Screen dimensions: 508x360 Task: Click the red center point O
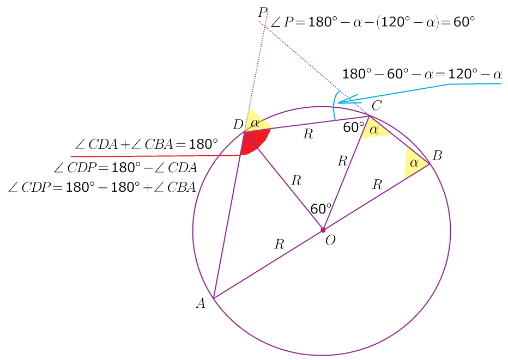pyautogui.click(x=323, y=230)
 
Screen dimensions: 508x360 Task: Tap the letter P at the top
pyautogui.click(x=263, y=12)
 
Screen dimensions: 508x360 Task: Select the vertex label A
pyautogui.click(x=201, y=304)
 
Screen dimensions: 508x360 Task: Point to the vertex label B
pyautogui.click(x=437, y=156)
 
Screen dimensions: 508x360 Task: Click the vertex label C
pyautogui.click(x=377, y=105)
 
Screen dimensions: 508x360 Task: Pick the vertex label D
pyautogui.click(x=238, y=125)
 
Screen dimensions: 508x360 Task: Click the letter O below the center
pyautogui.click(x=330, y=241)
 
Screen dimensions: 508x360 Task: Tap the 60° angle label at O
pyautogui.click(x=321, y=209)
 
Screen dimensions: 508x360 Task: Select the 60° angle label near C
pyautogui.click(x=353, y=127)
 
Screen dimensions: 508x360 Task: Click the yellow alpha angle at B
pyautogui.click(x=413, y=163)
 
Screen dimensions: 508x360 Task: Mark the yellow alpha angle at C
pyautogui.click(x=374, y=130)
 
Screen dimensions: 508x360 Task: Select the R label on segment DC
pyautogui.click(x=308, y=135)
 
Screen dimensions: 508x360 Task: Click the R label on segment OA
pyautogui.click(x=279, y=244)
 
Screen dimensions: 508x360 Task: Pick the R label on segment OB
pyautogui.click(x=377, y=185)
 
